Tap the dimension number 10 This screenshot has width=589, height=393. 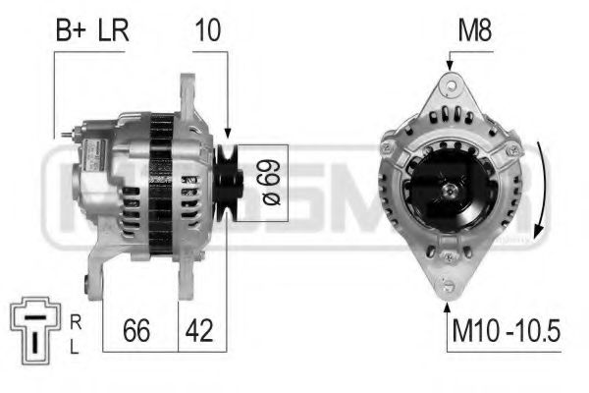tap(209, 30)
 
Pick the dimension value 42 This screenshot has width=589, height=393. tap(199, 331)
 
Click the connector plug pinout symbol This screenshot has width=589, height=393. tap(35, 329)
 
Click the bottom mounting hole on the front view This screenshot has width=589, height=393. tap(450, 286)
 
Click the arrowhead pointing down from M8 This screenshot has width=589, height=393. tap(449, 65)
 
